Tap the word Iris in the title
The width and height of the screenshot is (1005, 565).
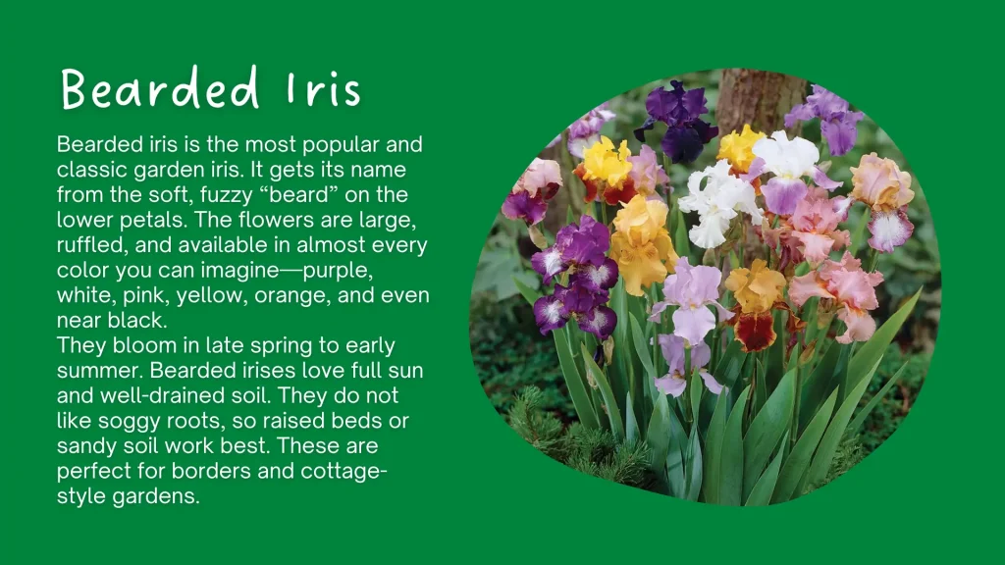[325, 90]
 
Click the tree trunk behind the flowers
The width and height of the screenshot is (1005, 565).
[751, 98]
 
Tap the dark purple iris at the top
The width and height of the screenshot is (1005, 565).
[676, 118]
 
